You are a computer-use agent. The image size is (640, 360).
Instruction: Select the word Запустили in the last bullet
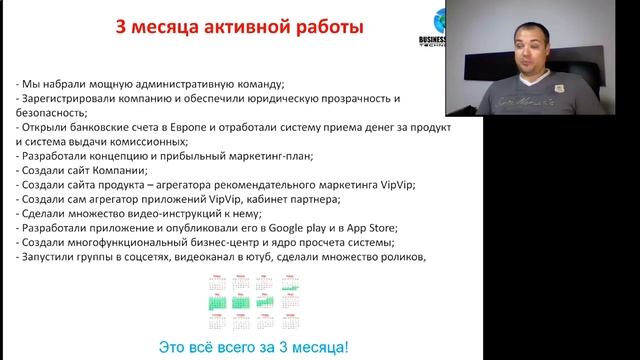[x=48, y=257]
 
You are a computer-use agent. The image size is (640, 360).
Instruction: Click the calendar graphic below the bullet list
[x=240, y=303]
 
